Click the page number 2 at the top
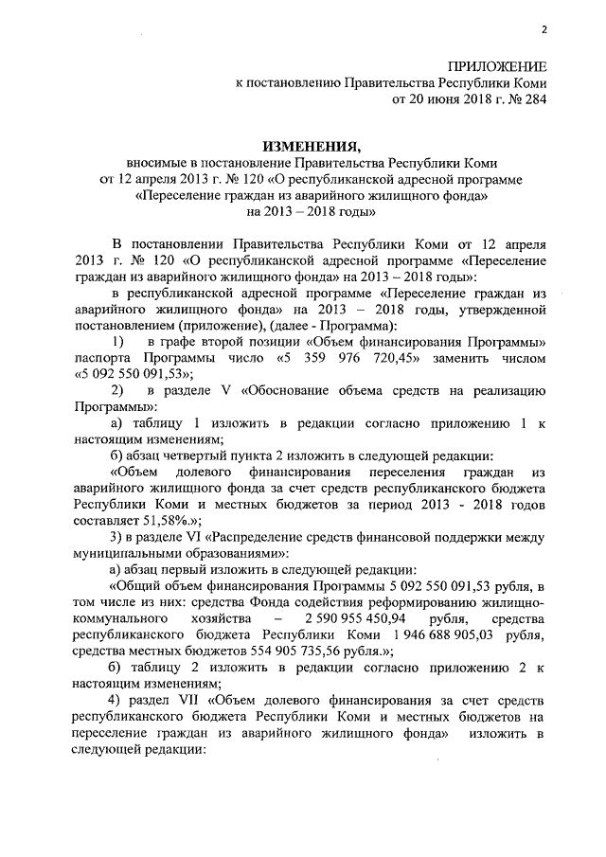(545, 29)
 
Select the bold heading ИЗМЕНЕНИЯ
(312, 147)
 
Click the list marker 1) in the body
(116, 339)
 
